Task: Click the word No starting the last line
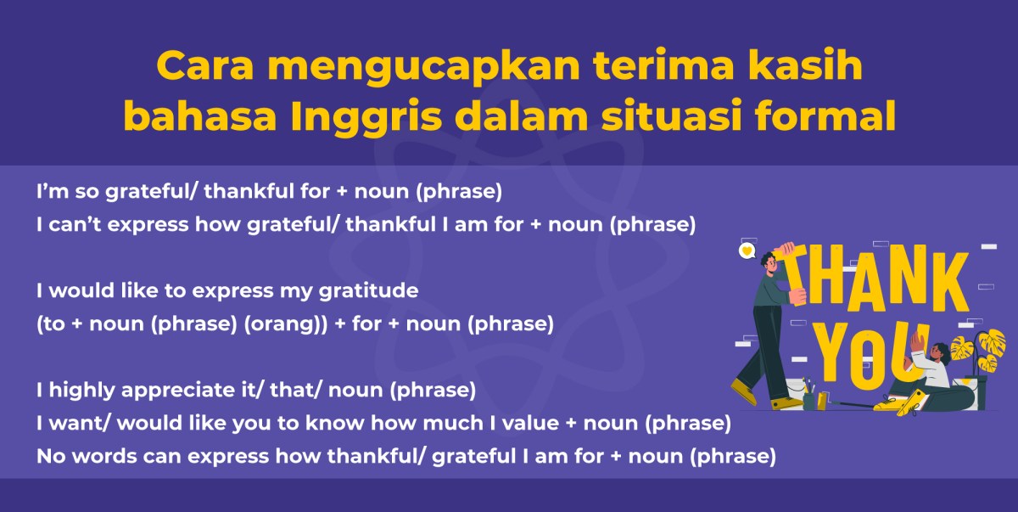(49, 456)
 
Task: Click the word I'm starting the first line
(50, 192)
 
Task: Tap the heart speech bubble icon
(747, 250)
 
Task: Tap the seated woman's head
(939, 350)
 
